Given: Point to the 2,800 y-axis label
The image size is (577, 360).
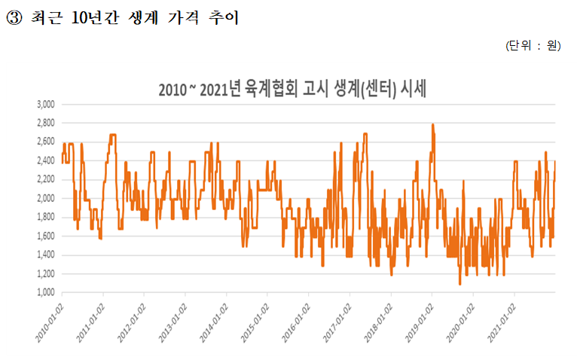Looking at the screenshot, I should tap(46, 123).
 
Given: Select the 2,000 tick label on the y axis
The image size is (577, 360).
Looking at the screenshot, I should tap(46, 198).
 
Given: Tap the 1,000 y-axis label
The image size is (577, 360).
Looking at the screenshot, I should tap(46, 292).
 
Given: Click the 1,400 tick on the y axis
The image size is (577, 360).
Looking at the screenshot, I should tap(46, 255).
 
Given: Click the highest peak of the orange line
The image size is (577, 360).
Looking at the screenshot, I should tap(432, 125).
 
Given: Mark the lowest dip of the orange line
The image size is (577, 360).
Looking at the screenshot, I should tap(459, 284).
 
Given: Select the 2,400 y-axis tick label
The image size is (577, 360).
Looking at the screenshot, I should tap(46, 160).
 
